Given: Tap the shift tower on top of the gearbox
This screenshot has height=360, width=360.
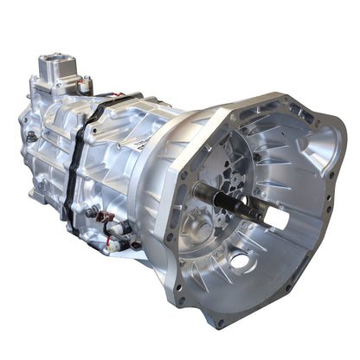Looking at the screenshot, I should [x=57, y=74].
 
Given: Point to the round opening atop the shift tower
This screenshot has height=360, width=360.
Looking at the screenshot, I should [x=51, y=61].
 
